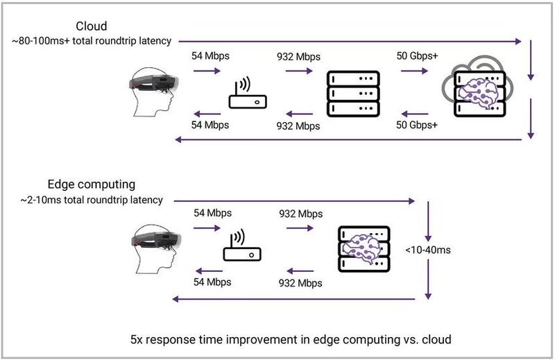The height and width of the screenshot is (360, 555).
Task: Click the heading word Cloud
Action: tap(92, 26)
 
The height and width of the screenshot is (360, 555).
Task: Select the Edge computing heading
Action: tap(92, 185)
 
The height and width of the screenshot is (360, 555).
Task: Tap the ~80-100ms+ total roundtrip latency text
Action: tap(92, 41)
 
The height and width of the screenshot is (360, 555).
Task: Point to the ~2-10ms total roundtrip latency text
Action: tap(92, 200)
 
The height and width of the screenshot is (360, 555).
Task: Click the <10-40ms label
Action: tap(428, 250)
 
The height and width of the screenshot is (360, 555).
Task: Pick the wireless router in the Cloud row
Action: tap(248, 93)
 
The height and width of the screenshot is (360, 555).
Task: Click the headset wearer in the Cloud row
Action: tap(153, 92)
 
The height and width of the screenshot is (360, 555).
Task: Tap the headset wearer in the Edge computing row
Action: tap(156, 249)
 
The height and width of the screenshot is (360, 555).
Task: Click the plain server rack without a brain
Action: tap(353, 94)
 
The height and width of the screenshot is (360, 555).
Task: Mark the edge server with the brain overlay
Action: tap(364, 249)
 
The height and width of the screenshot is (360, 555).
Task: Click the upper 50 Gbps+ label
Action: tap(417, 56)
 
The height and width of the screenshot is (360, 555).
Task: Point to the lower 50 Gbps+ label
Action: tap(417, 125)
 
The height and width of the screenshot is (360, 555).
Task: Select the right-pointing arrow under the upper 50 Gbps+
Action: tap(414, 71)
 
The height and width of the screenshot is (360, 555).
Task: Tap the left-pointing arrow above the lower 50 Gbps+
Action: tap(414, 114)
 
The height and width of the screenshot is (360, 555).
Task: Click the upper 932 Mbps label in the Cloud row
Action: tap(299, 57)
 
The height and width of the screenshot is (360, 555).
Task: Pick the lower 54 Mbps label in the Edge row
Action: tap(212, 282)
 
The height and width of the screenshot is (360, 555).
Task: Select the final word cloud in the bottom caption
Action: tap(437, 339)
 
